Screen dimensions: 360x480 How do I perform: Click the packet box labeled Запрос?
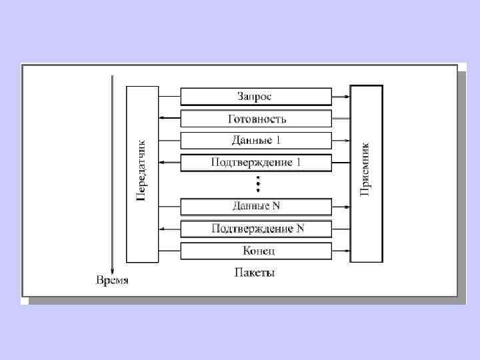point(256,97)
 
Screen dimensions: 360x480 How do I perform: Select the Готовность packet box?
point(256,119)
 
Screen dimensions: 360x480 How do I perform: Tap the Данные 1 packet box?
point(256,141)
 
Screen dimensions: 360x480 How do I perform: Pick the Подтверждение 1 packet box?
point(256,163)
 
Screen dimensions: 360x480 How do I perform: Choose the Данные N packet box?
point(256,207)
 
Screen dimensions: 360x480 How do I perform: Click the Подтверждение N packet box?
point(256,229)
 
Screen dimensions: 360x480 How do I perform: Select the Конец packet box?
point(256,251)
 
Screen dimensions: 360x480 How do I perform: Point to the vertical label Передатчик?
point(141,172)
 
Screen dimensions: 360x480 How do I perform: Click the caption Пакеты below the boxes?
point(255,273)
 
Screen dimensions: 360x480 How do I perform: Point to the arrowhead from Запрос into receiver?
point(347,97)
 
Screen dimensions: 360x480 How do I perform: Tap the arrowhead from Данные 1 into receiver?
point(347,141)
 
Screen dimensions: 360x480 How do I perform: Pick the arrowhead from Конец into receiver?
point(347,251)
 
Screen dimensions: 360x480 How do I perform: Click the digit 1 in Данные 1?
point(278,141)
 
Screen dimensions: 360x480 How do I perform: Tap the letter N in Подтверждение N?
point(300,229)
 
